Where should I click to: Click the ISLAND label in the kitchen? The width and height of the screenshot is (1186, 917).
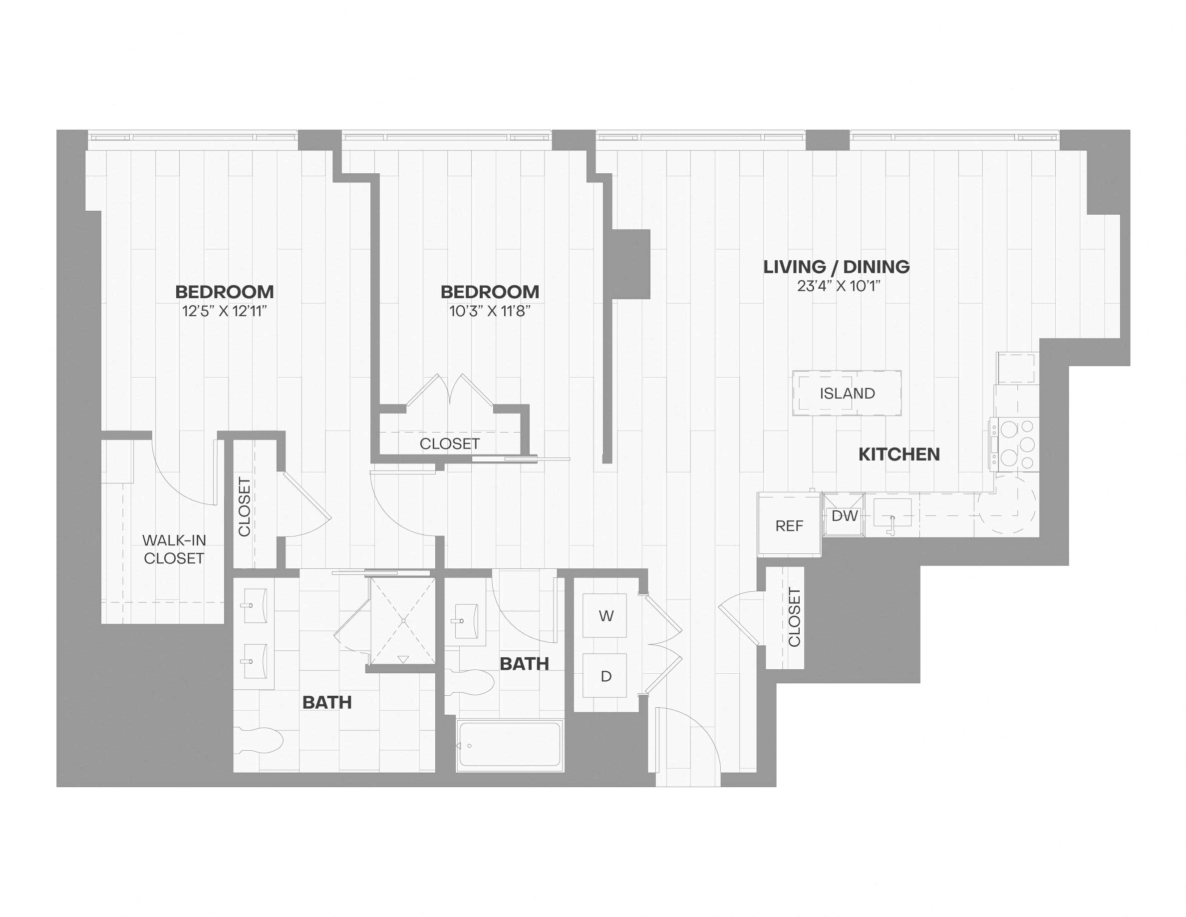pyautogui.click(x=847, y=393)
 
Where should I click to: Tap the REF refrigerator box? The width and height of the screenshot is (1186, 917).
pyautogui.click(x=789, y=525)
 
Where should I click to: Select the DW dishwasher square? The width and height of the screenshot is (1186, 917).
pyautogui.click(x=844, y=515)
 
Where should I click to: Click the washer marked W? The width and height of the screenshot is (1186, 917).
pyautogui.click(x=605, y=615)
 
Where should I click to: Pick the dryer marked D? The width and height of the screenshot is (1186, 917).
pyautogui.click(x=605, y=676)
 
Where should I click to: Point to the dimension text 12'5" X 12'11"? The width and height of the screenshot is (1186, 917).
pyautogui.click(x=224, y=311)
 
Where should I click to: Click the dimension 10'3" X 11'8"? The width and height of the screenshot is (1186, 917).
pyautogui.click(x=489, y=311)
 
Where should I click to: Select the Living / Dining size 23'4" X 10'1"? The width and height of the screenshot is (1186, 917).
pyautogui.click(x=838, y=286)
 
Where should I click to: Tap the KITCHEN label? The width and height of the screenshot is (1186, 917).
pyautogui.click(x=898, y=454)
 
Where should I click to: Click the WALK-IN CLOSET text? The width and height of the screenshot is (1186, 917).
pyautogui.click(x=174, y=549)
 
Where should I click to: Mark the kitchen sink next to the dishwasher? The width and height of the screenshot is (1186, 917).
pyautogui.click(x=892, y=513)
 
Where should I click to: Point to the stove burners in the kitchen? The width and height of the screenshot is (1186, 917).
pyautogui.click(x=1015, y=445)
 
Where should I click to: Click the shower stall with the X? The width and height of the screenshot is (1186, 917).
pyautogui.click(x=402, y=621)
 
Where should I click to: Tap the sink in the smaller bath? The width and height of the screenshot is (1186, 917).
pyautogui.click(x=465, y=620)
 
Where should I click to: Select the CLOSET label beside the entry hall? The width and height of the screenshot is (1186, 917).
pyautogui.click(x=794, y=617)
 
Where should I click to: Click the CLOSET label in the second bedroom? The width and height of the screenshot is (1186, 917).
pyautogui.click(x=449, y=444)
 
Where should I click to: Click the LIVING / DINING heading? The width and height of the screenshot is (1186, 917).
pyautogui.click(x=836, y=267)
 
